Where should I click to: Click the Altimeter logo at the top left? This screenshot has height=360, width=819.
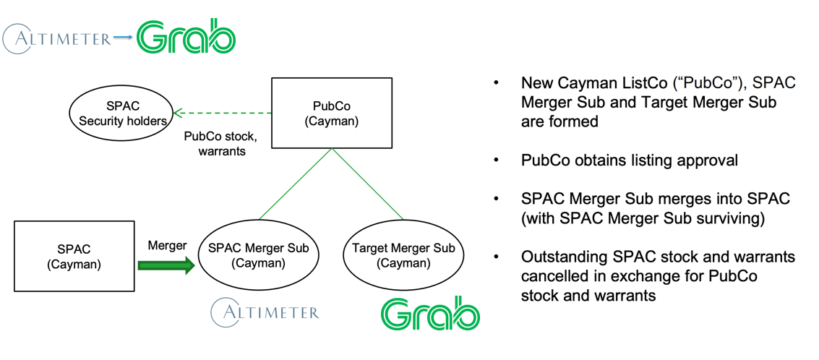point(58,38)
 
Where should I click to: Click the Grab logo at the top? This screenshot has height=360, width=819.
point(186,36)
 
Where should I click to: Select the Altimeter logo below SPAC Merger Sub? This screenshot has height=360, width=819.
point(265,312)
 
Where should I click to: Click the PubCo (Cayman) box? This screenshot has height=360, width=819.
point(331,113)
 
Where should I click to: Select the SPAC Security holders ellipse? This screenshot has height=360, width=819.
point(121,113)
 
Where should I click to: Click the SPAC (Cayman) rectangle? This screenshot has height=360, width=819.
point(74,257)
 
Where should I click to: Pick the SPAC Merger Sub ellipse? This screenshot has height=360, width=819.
point(258,256)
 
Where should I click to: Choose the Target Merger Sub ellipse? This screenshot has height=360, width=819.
point(403,256)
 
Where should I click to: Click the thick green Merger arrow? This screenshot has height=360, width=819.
point(166,266)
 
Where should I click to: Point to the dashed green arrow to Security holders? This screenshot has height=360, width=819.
point(223,113)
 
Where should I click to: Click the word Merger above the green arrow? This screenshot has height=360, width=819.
point(167,246)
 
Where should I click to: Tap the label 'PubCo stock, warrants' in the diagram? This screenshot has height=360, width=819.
point(220,144)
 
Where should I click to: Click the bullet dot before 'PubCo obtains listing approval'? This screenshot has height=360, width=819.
point(496,160)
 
